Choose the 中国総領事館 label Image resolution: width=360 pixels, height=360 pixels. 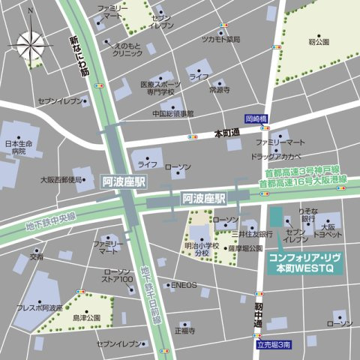173,114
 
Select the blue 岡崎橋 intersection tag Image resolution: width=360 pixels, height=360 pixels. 256,119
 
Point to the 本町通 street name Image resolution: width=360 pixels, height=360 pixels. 227,133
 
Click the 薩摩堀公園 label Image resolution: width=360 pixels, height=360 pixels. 245,247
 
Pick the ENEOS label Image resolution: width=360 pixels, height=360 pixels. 184,285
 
